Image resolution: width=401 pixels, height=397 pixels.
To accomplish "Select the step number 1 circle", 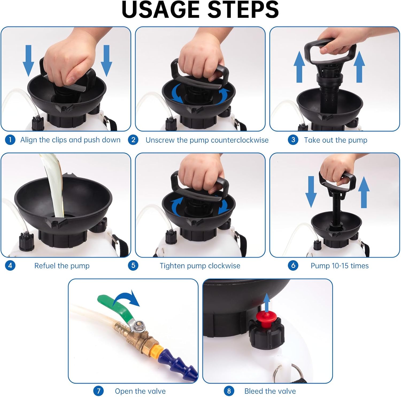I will [x=10, y=140].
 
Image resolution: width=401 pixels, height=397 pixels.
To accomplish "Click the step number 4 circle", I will [x=10, y=266].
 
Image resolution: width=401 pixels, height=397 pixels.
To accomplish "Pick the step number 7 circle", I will [x=98, y=391].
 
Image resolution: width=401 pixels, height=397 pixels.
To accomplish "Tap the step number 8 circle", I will [x=229, y=391].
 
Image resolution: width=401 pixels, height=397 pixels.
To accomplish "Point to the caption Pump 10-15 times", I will [x=340, y=266].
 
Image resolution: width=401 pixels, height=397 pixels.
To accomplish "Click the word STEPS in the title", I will [x=243, y=10].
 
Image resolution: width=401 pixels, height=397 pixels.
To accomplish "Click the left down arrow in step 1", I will [x=28, y=60].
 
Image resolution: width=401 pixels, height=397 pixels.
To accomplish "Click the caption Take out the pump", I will [x=336, y=140].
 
